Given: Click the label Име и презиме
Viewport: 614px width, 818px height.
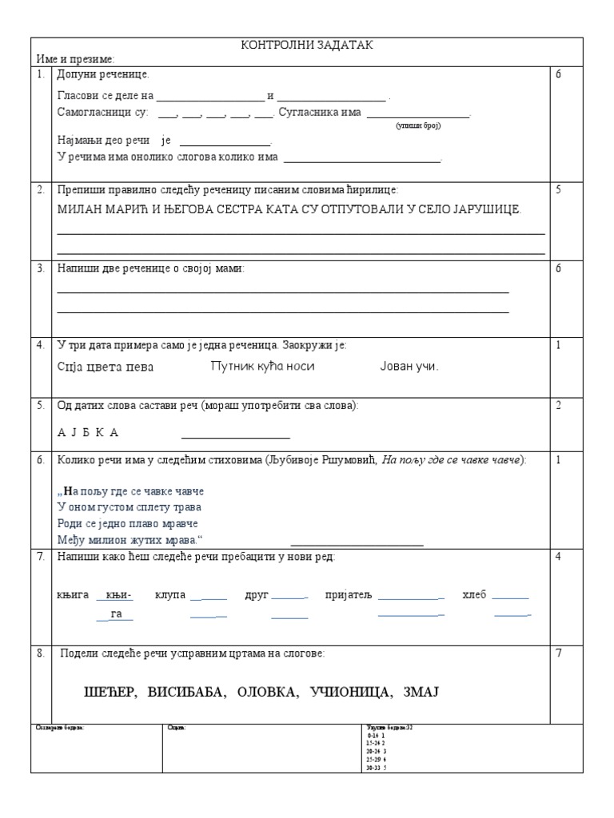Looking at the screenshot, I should coord(75,59).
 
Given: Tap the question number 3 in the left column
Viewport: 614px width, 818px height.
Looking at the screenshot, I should coord(40,268).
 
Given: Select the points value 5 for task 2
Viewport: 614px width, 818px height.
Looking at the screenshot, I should coord(559,190).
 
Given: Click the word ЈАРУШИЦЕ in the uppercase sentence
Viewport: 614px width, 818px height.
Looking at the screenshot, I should coord(483,209).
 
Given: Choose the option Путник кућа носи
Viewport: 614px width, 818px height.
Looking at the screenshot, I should coord(262,366).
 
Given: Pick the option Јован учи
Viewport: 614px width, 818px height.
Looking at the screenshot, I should coord(409,367).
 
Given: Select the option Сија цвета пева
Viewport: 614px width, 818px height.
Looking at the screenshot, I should coord(106,367).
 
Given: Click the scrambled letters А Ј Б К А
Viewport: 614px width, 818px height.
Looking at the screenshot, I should coord(88,432).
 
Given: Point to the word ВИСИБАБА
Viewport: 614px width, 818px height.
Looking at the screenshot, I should coord(181,691).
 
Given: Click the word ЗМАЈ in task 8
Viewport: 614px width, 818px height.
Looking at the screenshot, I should coord(422,691).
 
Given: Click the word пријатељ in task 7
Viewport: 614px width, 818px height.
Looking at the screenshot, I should coord(349,595).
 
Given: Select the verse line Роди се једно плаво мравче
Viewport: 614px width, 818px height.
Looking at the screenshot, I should coord(127,524).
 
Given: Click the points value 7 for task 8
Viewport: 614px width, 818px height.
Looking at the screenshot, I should coord(559,653).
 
